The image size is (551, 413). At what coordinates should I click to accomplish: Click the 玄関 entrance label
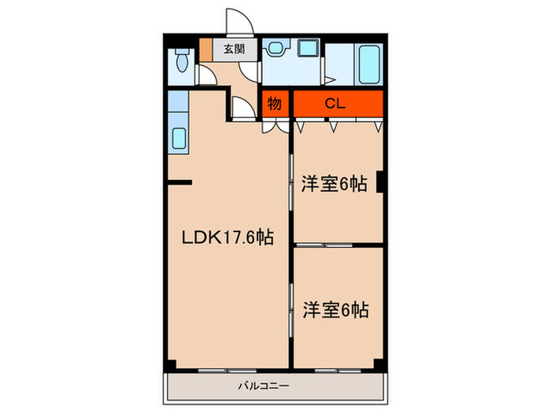click(x=232, y=50)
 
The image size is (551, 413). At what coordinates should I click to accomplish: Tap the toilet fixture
click(x=181, y=61)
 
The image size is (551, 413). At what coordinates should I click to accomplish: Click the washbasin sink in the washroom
click(x=275, y=49)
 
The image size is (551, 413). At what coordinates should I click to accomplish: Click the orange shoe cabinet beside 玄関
click(x=206, y=49)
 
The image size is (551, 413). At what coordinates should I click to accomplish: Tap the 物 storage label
click(x=275, y=103)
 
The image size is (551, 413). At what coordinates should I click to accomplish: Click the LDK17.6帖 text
click(x=228, y=237)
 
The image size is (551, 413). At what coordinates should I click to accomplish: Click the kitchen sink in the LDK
click(x=178, y=138)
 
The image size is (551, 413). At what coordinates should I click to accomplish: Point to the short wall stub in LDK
click(x=180, y=185)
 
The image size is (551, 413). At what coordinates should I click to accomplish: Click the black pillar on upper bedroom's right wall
click(x=380, y=182)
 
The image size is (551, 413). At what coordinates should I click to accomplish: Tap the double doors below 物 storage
click(x=275, y=123)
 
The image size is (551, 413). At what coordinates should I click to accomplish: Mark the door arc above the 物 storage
click(x=245, y=108)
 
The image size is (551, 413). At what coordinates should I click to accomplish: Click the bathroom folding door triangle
click(x=328, y=79)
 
